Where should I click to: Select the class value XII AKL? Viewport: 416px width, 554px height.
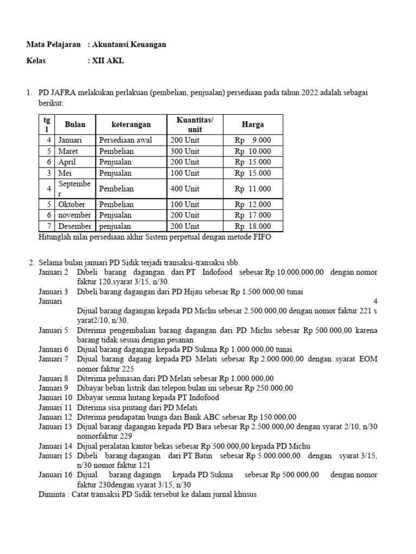pos(108,61)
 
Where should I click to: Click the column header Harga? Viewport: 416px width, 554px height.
pos(253,125)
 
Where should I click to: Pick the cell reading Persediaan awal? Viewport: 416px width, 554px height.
pos(126,140)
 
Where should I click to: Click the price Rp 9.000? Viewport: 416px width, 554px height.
pos(253,140)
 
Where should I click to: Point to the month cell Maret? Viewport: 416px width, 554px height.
pos(68,151)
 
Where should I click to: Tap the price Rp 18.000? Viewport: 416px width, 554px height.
pos(253,226)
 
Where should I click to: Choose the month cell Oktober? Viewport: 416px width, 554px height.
pos(71,205)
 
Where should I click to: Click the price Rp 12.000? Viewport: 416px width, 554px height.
pos(253,205)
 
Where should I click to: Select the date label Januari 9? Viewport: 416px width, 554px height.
pos(54,388)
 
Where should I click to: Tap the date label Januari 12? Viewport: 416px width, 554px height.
pos(55,417)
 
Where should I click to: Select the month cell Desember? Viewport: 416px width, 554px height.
pos(75,226)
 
